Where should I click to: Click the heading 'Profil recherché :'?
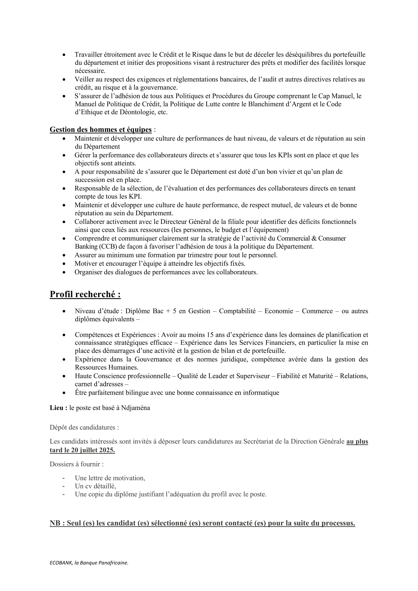[85, 294]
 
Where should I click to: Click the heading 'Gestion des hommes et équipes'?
[101, 129]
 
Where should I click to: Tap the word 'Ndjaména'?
[135, 408]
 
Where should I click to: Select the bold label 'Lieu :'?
[58, 408]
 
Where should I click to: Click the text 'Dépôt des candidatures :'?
[84, 427]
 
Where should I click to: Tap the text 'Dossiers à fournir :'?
[77, 464]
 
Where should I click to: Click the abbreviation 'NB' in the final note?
[55, 523]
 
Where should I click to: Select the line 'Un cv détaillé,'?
[96, 486]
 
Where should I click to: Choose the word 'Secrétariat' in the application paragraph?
[260, 441]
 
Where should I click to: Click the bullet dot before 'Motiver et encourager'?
[64, 264]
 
